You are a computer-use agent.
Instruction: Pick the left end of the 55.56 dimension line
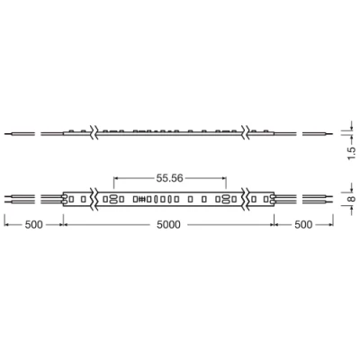[x=114, y=178]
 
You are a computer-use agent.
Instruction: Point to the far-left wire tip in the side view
[x=6, y=133]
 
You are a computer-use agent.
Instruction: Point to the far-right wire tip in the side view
[x=330, y=133]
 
